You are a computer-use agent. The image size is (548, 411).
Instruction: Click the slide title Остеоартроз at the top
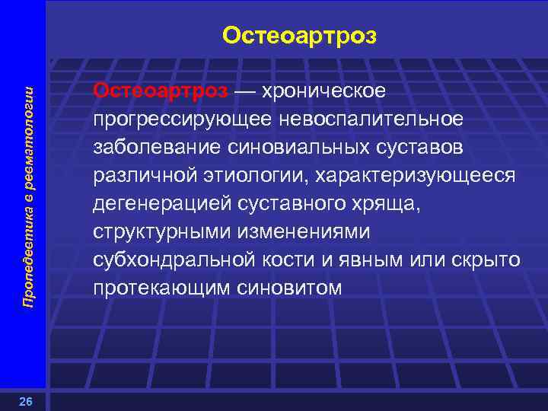pyautogui.click(x=299, y=36)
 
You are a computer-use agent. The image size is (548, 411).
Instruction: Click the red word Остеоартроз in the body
pyautogui.click(x=160, y=91)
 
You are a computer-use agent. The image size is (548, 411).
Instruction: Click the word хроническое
pyautogui.click(x=324, y=91)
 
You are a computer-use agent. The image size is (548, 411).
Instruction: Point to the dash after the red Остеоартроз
pyautogui.click(x=245, y=91)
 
